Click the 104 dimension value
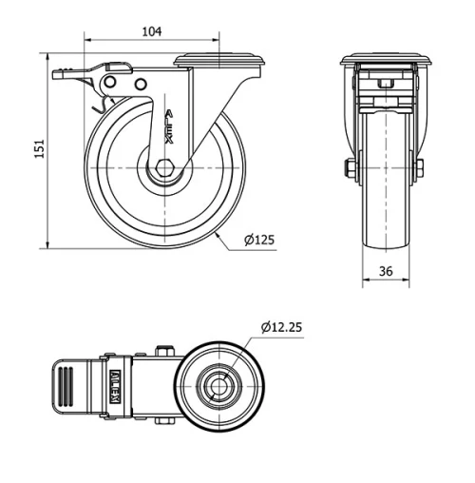click(x=151, y=31)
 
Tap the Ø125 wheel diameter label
click(x=258, y=240)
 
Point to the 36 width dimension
click(x=386, y=271)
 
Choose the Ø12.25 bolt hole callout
click(x=280, y=328)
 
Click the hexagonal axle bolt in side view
click(x=165, y=168)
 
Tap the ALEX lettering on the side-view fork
click(x=170, y=127)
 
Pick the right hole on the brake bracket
click(x=142, y=85)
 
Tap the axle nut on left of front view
click(x=350, y=170)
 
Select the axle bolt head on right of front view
click(x=419, y=170)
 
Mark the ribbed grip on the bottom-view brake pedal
click(x=64, y=388)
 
